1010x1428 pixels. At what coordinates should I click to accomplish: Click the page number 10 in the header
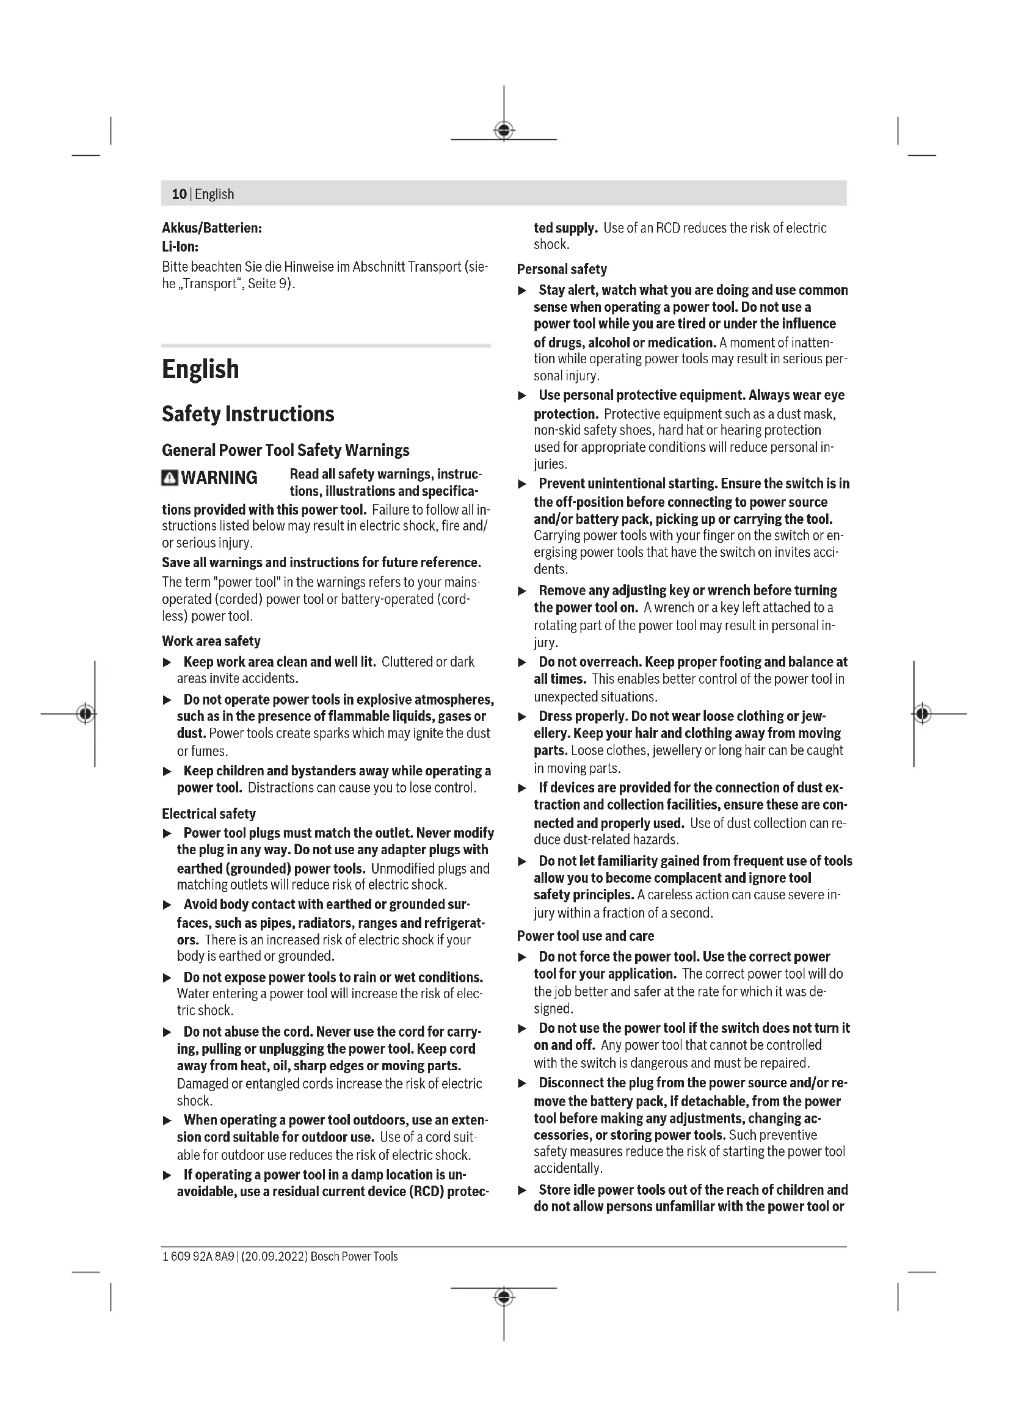click(179, 194)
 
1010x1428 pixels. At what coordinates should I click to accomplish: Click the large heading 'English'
click(200, 369)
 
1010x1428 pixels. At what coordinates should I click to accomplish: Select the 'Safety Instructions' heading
click(247, 414)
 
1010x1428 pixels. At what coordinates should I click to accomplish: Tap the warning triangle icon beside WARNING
click(169, 477)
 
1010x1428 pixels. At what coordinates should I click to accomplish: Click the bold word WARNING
click(219, 477)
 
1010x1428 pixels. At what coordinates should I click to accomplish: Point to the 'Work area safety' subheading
click(211, 641)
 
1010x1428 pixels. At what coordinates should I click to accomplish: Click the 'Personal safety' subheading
click(562, 269)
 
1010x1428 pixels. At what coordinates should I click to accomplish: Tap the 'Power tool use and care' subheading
click(585, 936)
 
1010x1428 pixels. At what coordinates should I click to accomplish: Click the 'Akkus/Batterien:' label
click(211, 228)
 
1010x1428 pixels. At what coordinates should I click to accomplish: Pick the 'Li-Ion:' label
click(180, 246)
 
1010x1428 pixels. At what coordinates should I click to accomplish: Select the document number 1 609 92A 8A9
click(198, 1256)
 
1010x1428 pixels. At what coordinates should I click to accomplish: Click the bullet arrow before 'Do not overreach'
click(523, 662)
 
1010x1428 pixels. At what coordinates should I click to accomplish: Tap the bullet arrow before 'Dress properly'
click(523, 717)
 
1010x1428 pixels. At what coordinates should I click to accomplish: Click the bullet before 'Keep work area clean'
click(167, 662)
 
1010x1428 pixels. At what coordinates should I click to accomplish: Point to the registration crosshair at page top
click(504, 131)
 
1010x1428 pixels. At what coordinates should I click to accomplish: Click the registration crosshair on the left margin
click(86, 713)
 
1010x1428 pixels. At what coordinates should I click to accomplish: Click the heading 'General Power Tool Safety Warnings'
click(285, 451)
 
